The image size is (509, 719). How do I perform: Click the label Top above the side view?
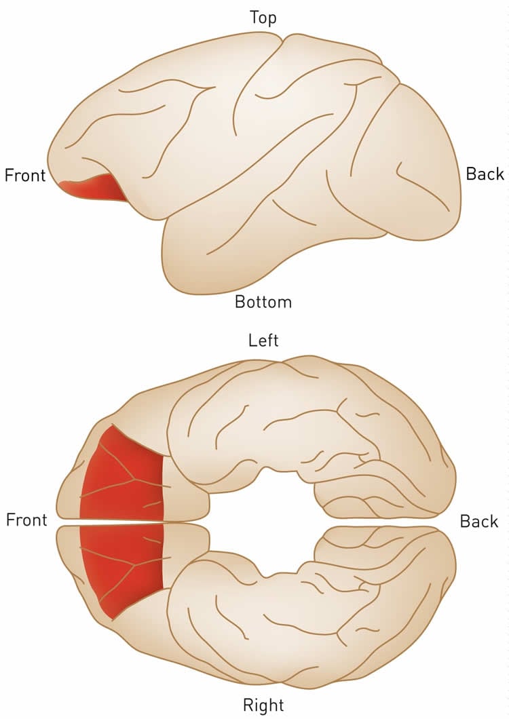tap(263, 17)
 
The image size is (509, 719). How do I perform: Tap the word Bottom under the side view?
tap(263, 301)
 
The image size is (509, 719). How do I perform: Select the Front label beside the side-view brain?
tap(25, 176)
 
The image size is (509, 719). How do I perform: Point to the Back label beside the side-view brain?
tap(485, 174)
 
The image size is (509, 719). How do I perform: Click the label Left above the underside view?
tap(263, 340)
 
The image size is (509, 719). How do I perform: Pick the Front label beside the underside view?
tap(26, 520)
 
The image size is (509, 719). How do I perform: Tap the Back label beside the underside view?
tap(479, 522)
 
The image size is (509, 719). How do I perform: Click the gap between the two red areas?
tap(122, 522)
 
